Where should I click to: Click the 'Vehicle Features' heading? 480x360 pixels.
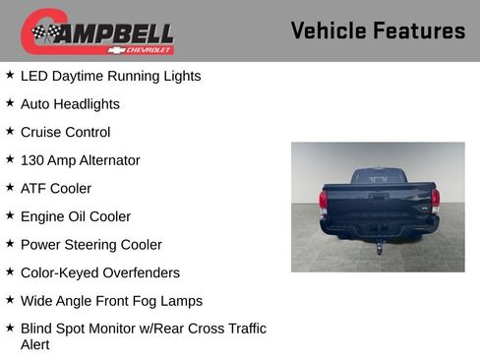378,30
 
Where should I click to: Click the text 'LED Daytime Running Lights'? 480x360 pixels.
110,76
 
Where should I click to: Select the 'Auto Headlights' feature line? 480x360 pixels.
70,103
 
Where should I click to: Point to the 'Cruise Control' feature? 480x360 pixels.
65,132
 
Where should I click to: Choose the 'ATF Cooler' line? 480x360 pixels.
56,188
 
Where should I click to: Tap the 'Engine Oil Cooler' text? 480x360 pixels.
76,216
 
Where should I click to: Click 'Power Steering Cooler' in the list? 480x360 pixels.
91,244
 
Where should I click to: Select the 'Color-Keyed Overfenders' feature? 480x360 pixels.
100,272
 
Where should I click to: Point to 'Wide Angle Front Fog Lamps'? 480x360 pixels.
111,300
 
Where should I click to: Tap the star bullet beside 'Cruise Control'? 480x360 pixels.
10,131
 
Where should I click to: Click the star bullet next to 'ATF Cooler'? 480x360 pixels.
10,187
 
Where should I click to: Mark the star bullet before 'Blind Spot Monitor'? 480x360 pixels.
10,328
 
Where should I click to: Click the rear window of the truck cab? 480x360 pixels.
379,177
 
